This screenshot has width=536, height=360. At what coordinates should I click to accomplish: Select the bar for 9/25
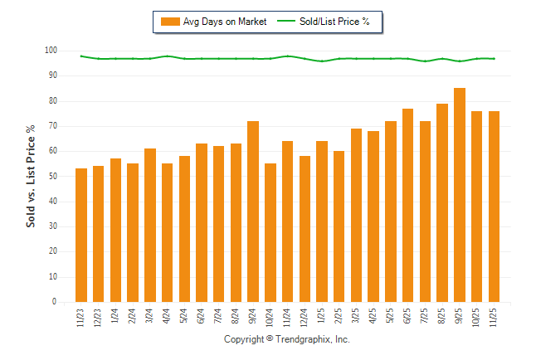pos(460,195)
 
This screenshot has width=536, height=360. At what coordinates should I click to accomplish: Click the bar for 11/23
pos(81,236)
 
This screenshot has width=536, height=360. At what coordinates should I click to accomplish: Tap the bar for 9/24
pos(253,212)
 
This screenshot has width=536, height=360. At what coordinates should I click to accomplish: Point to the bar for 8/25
pos(442,203)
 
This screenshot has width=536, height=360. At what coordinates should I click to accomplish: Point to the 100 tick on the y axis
pos(51,51)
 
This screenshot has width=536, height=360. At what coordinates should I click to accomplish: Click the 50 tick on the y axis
pos(51,177)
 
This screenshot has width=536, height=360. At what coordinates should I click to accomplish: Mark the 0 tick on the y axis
pos(54,302)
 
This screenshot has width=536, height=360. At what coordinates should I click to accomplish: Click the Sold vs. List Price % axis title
pos(32,176)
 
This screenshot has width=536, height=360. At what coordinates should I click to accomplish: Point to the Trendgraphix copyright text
pos(287,339)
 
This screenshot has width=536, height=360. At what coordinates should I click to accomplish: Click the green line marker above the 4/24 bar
pos(168,56)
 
